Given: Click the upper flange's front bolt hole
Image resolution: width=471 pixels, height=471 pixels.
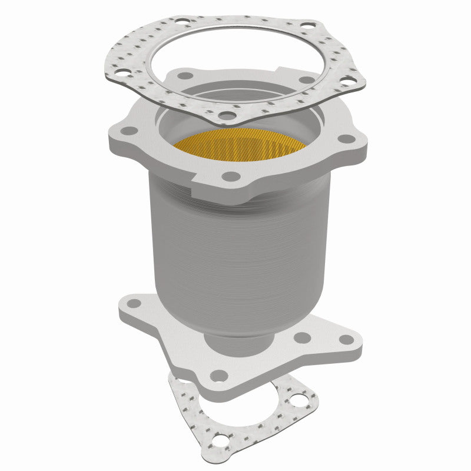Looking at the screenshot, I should [232, 176].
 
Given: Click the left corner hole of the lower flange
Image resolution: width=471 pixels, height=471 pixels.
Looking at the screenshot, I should [134, 304].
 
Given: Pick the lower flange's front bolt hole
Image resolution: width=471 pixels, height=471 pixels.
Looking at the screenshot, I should [219, 374].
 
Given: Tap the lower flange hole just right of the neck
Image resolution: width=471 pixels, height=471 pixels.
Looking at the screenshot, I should [302, 338].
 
